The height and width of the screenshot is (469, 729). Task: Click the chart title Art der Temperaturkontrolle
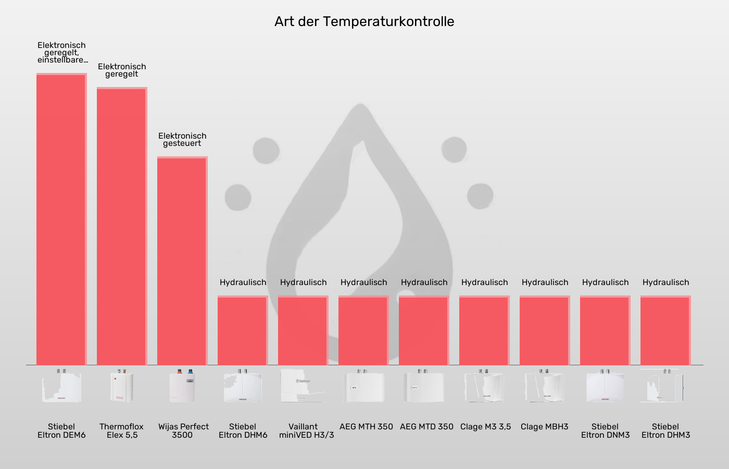(364, 21)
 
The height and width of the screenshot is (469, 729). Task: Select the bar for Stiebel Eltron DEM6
(61, 219)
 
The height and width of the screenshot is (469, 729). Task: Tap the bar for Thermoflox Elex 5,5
(122, 227)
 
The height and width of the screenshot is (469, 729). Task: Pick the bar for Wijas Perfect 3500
(182, 261)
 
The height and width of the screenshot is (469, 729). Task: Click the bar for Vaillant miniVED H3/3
(303, 330)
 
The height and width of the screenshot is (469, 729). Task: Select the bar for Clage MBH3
(545, 330)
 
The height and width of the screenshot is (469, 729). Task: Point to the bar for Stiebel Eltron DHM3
(665, 330)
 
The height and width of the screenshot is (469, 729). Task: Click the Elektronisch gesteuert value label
(182, 140)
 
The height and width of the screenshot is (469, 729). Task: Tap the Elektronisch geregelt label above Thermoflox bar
(122, 70)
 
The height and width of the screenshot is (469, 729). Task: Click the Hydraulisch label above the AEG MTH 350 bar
(363, 282)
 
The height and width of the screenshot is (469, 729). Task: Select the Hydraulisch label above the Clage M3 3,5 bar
(484, 282)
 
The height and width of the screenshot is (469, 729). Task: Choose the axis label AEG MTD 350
(426, 427)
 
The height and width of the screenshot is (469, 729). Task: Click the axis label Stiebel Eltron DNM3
(605, 430)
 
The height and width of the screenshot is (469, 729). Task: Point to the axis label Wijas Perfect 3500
(183, 430)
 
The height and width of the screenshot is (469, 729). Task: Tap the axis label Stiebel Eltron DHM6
(243, 430)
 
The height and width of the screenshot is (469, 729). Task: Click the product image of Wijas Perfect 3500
(182, 387)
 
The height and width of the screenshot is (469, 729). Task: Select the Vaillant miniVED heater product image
(303, 387)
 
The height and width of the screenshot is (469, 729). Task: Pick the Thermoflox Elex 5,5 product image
(122, 387)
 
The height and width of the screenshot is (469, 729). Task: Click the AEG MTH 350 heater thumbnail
(363, 387)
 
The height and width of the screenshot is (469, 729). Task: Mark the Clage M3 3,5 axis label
(485, 427)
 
